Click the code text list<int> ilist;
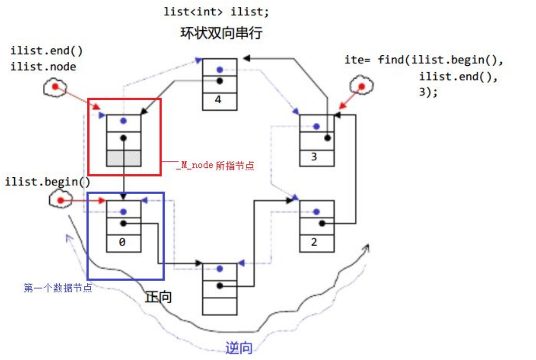(x=217, y=12)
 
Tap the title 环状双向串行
(x=221, y=33)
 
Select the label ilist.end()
(x=46, y=51)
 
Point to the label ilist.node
(x=43, y=66)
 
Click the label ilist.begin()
(x=48, y=181)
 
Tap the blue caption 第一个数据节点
(x=58, y=288)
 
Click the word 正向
(x=158, y=297)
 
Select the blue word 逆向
(x=239, y=348)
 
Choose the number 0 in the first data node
(x=124, y=242)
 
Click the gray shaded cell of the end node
(x=124, y=158)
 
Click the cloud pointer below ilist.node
(x=55, y=88)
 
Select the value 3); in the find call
(x=428, y=92)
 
